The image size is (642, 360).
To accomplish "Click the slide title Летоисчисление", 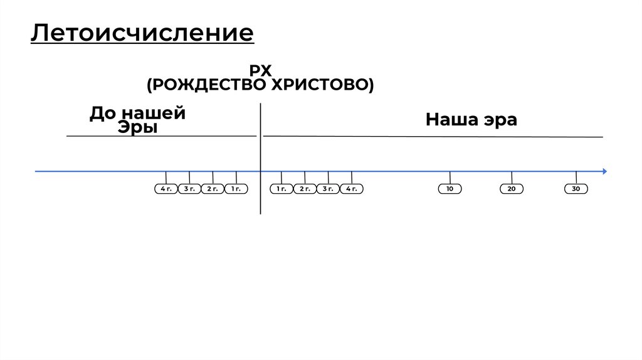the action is [x=142, y=33].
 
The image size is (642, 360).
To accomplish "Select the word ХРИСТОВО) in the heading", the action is [x=322, y=85].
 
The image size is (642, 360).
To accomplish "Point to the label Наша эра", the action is [x=471, y=120].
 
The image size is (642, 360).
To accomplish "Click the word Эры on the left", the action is [x=137, y=127].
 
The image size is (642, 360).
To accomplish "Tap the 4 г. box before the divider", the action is [x=166, y=189].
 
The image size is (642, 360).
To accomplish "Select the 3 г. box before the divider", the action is [x=189, y=189].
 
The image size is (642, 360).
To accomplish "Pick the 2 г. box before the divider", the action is [x=213, y=189].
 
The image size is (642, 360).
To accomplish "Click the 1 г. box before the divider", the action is [x=236, y=189].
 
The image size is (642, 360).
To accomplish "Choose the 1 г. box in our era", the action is [x=282, y=189].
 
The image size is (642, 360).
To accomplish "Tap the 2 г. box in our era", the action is [x=305, y=189].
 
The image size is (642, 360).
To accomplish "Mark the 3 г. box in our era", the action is [x=328, y=189].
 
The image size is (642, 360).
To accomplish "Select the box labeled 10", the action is [x=450, y=189].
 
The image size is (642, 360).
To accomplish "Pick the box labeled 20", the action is [x=512, y=189].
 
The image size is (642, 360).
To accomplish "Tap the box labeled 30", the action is [x=576, y=189].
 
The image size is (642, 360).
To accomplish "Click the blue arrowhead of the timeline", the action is [x=604, y=171].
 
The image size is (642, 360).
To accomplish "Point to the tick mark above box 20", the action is [x=512, y=177].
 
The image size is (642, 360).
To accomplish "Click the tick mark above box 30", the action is [x=576, y=177].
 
